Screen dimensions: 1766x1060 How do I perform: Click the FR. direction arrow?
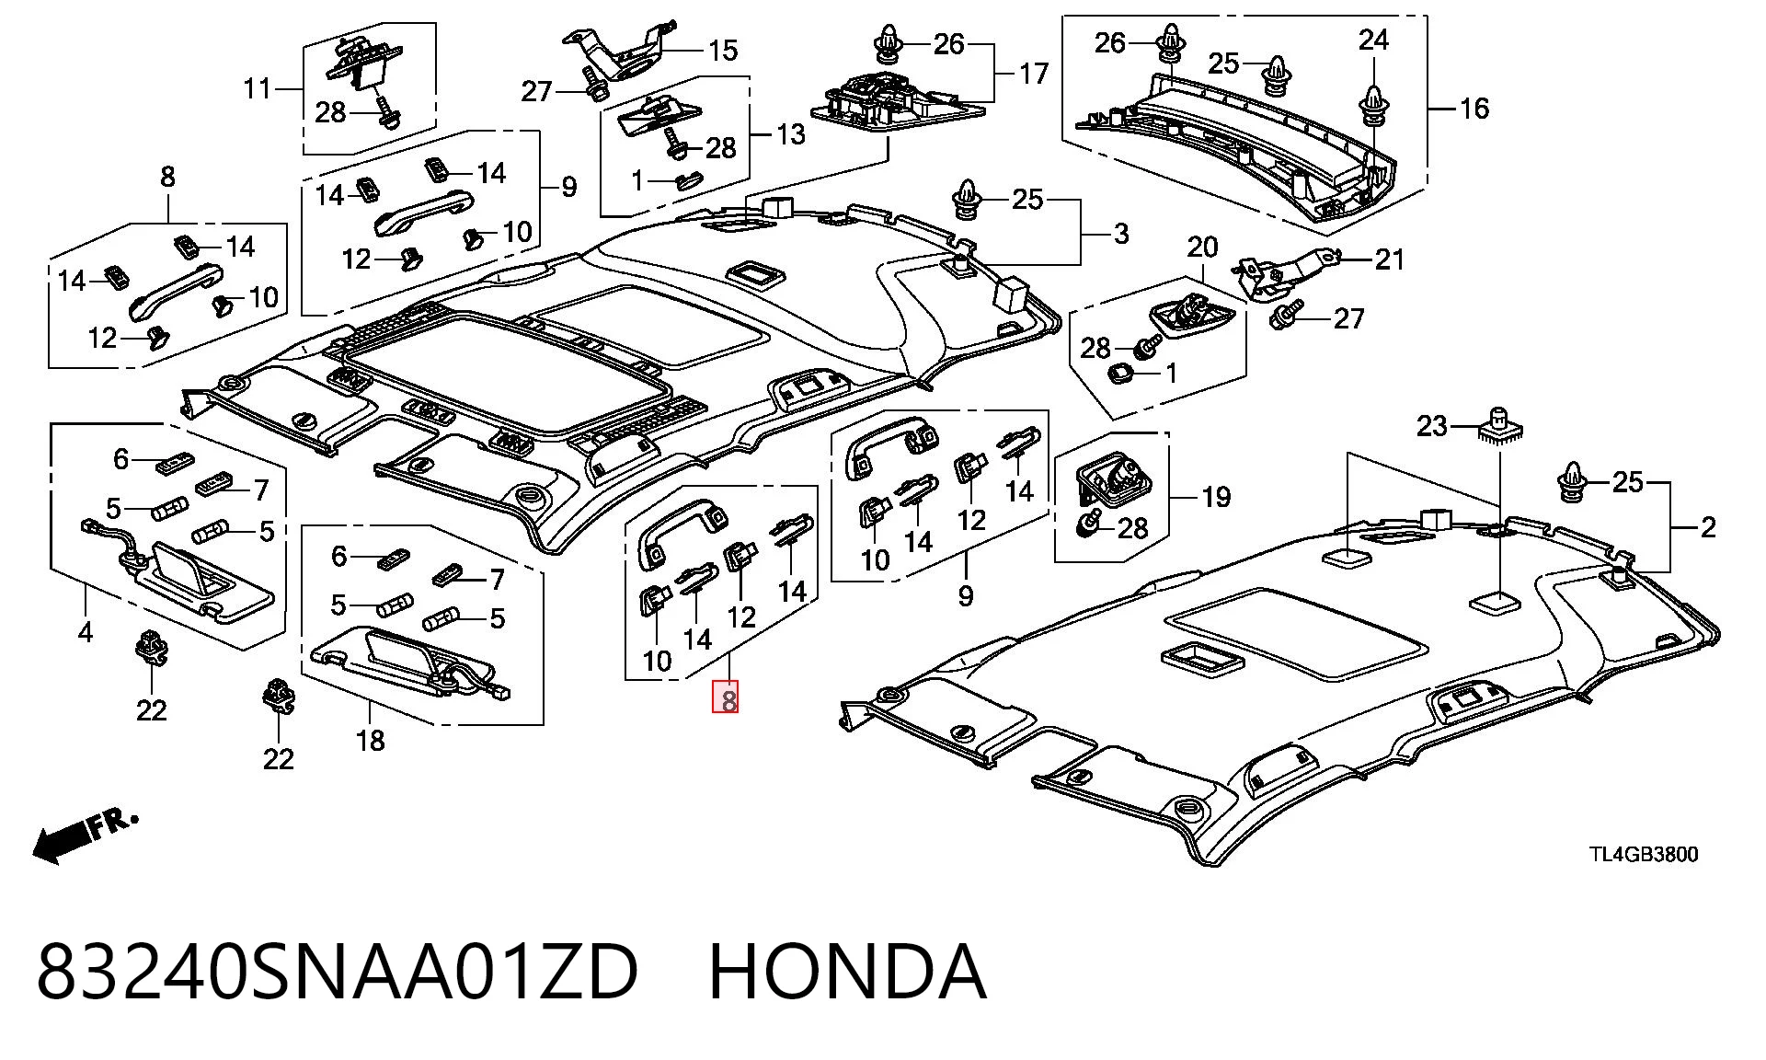tap(85, 836)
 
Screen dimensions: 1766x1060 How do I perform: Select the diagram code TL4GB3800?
tap(1644, 855)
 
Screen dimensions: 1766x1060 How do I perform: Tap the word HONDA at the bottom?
tap(847, 972)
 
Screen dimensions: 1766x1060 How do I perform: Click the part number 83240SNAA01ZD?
tap(338, 972)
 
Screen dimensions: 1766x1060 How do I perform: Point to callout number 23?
tap(1432, 426)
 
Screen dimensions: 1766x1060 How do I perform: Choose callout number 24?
tap(1373, 40)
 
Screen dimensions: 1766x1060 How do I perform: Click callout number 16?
tap(1474, 109)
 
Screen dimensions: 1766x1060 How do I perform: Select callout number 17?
tap(1033, 73)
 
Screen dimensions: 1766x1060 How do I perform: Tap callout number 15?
tap(723, 51)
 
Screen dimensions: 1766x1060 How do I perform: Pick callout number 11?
tap(258, 88)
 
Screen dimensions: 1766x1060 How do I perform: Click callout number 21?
tap(1390, 259)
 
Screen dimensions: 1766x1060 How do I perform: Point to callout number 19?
tap(1216, 498)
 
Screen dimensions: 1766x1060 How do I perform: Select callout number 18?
tap(370, 741)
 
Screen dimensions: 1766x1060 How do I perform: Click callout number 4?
tap(86, 632)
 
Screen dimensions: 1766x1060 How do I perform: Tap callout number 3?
tap(1120, 234)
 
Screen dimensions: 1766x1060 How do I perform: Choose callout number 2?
tap(1708, 527)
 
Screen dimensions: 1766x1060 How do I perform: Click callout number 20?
tap(1202, 247)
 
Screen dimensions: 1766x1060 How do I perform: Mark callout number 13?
tap(790, 134)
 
